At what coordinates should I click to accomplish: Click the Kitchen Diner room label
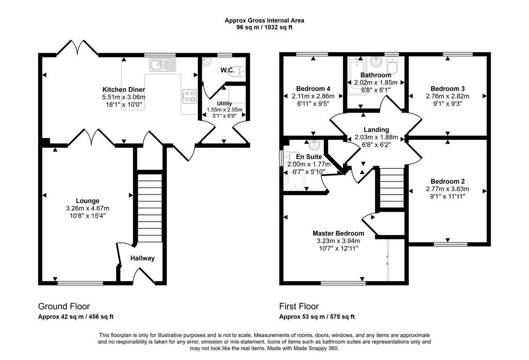click(123, 90)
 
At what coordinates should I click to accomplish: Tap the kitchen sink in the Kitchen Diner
click(163, 65)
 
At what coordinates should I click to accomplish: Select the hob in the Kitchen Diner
click(189, 96)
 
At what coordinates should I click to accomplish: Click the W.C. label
click(228, 70)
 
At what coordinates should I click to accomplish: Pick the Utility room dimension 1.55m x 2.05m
click(224, 109)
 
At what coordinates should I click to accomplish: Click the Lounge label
click(87, 201)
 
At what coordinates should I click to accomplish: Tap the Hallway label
click(143, 258)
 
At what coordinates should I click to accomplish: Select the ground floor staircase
click(150, 208)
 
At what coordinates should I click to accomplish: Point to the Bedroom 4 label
click(313, 89)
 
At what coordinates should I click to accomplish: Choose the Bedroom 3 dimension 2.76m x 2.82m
click(447, 96)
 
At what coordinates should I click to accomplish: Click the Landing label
click(376, 130)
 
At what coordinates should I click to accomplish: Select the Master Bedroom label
click(338, 233)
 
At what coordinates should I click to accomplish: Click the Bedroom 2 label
click(447, 181)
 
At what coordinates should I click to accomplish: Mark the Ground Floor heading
click(64, 306)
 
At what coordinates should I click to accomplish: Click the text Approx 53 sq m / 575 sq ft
click(317, 317)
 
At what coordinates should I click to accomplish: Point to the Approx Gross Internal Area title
click(264, 21)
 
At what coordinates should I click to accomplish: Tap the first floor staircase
click(392, 187)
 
